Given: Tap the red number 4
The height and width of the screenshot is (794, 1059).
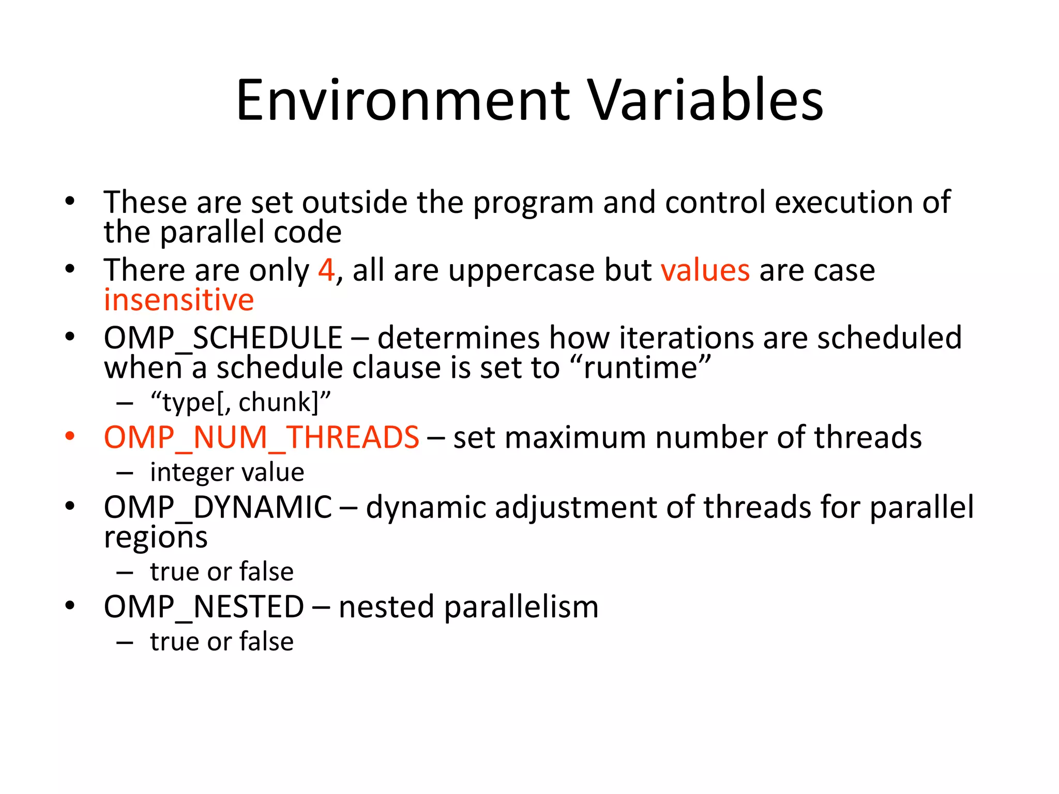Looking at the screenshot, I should pos(326,270).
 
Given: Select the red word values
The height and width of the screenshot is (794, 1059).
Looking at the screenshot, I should pos(705,270).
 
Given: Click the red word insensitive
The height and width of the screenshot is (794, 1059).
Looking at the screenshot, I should pos(179,300).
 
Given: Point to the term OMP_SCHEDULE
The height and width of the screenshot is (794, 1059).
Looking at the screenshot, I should pos(223,339).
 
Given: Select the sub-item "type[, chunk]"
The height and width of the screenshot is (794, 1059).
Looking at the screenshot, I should pos(240,402).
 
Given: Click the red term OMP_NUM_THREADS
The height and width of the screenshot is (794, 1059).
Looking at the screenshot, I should pos(261,438).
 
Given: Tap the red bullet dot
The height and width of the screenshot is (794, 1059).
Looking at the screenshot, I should pos(70,436).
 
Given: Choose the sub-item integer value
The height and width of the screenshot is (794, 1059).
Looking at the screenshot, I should pos(227,472).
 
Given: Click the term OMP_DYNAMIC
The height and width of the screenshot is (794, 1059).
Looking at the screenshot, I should pos(218,508).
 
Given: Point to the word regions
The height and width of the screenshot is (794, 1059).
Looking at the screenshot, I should pos(156,538).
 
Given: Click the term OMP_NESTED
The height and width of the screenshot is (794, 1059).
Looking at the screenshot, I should pos(204,607).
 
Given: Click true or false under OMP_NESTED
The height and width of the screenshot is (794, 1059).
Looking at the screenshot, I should pos(222,642).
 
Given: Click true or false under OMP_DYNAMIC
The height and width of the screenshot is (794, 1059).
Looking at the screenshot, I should pos(222,572).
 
